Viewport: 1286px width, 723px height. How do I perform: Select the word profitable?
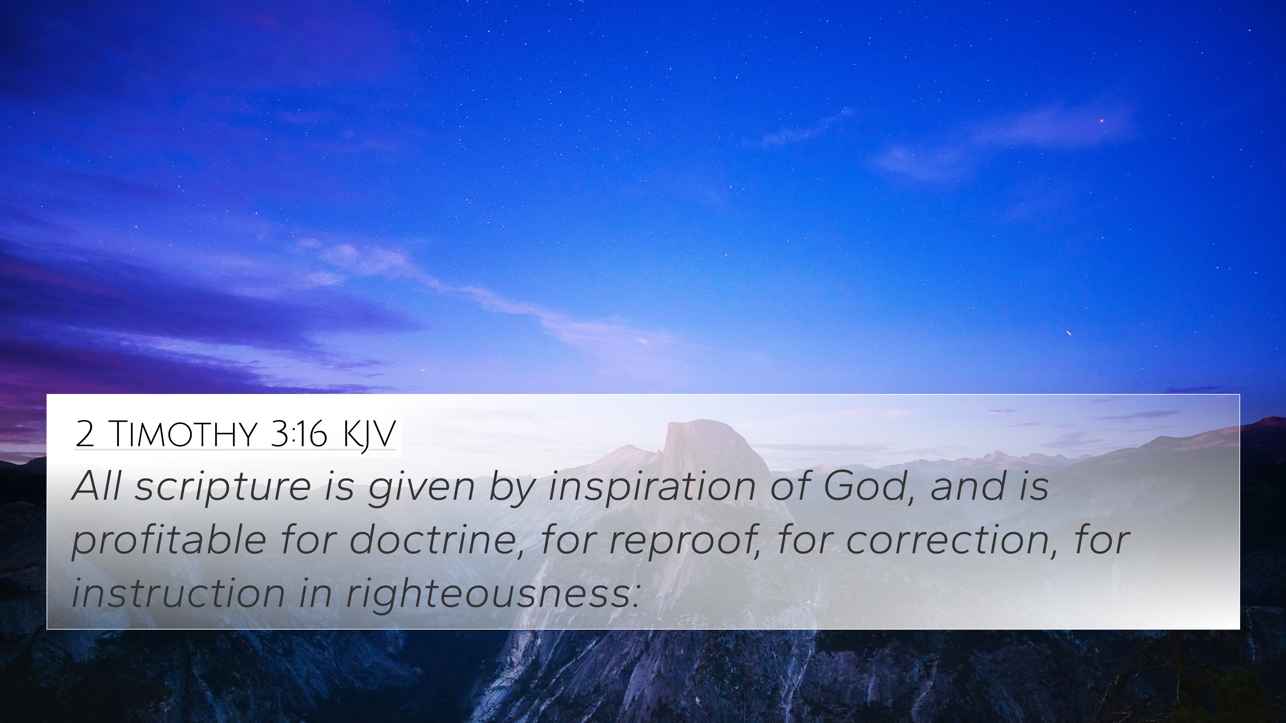(x=169, y=541)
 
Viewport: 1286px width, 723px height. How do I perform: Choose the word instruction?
(x=178, y=594)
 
